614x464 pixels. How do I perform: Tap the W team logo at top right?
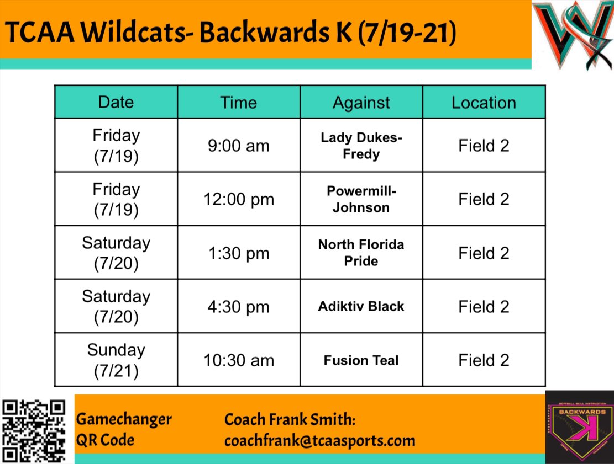pyautogui.click(x=572, y=36)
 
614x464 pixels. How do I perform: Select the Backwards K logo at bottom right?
pyautogui.click(x=579, y=427)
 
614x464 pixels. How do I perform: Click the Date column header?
pyautogui.click(x=116, y=102)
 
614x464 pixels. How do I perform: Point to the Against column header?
pyautogui.click(x=361, y=102)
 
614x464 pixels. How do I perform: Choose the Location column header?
pyautogui.click(x=484, y=102)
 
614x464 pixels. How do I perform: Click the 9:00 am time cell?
pyautogui.click(x=239, y=145)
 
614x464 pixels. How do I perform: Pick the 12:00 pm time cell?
pyautogui.click(x=239, y=199)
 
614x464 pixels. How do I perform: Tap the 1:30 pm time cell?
pyautogui.click(x=239, y=253)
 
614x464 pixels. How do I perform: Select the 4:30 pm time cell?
pyautogui.click(x=239, y=306)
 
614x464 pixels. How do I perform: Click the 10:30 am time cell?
pyautogui.click(x=239, y=360)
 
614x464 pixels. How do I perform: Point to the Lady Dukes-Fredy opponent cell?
pyautogui.click(x=361, y=145)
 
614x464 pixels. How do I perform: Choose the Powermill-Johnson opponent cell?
pyautogui.click(x=361, y=199)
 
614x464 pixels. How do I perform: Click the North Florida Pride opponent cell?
pyautogui.click(x=361, y=253)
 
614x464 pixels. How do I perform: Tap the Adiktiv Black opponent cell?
pyautogui.click(x=361, y=306)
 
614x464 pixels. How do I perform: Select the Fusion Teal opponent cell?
pyautogui.click(x=361, y=360)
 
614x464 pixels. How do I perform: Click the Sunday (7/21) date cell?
pyautogui.click(x=116, y=360)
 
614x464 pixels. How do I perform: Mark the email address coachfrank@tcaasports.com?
pyautogui.click(x=319, y=440)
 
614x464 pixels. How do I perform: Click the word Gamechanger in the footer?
pyautogui.click(x=124, y=419)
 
